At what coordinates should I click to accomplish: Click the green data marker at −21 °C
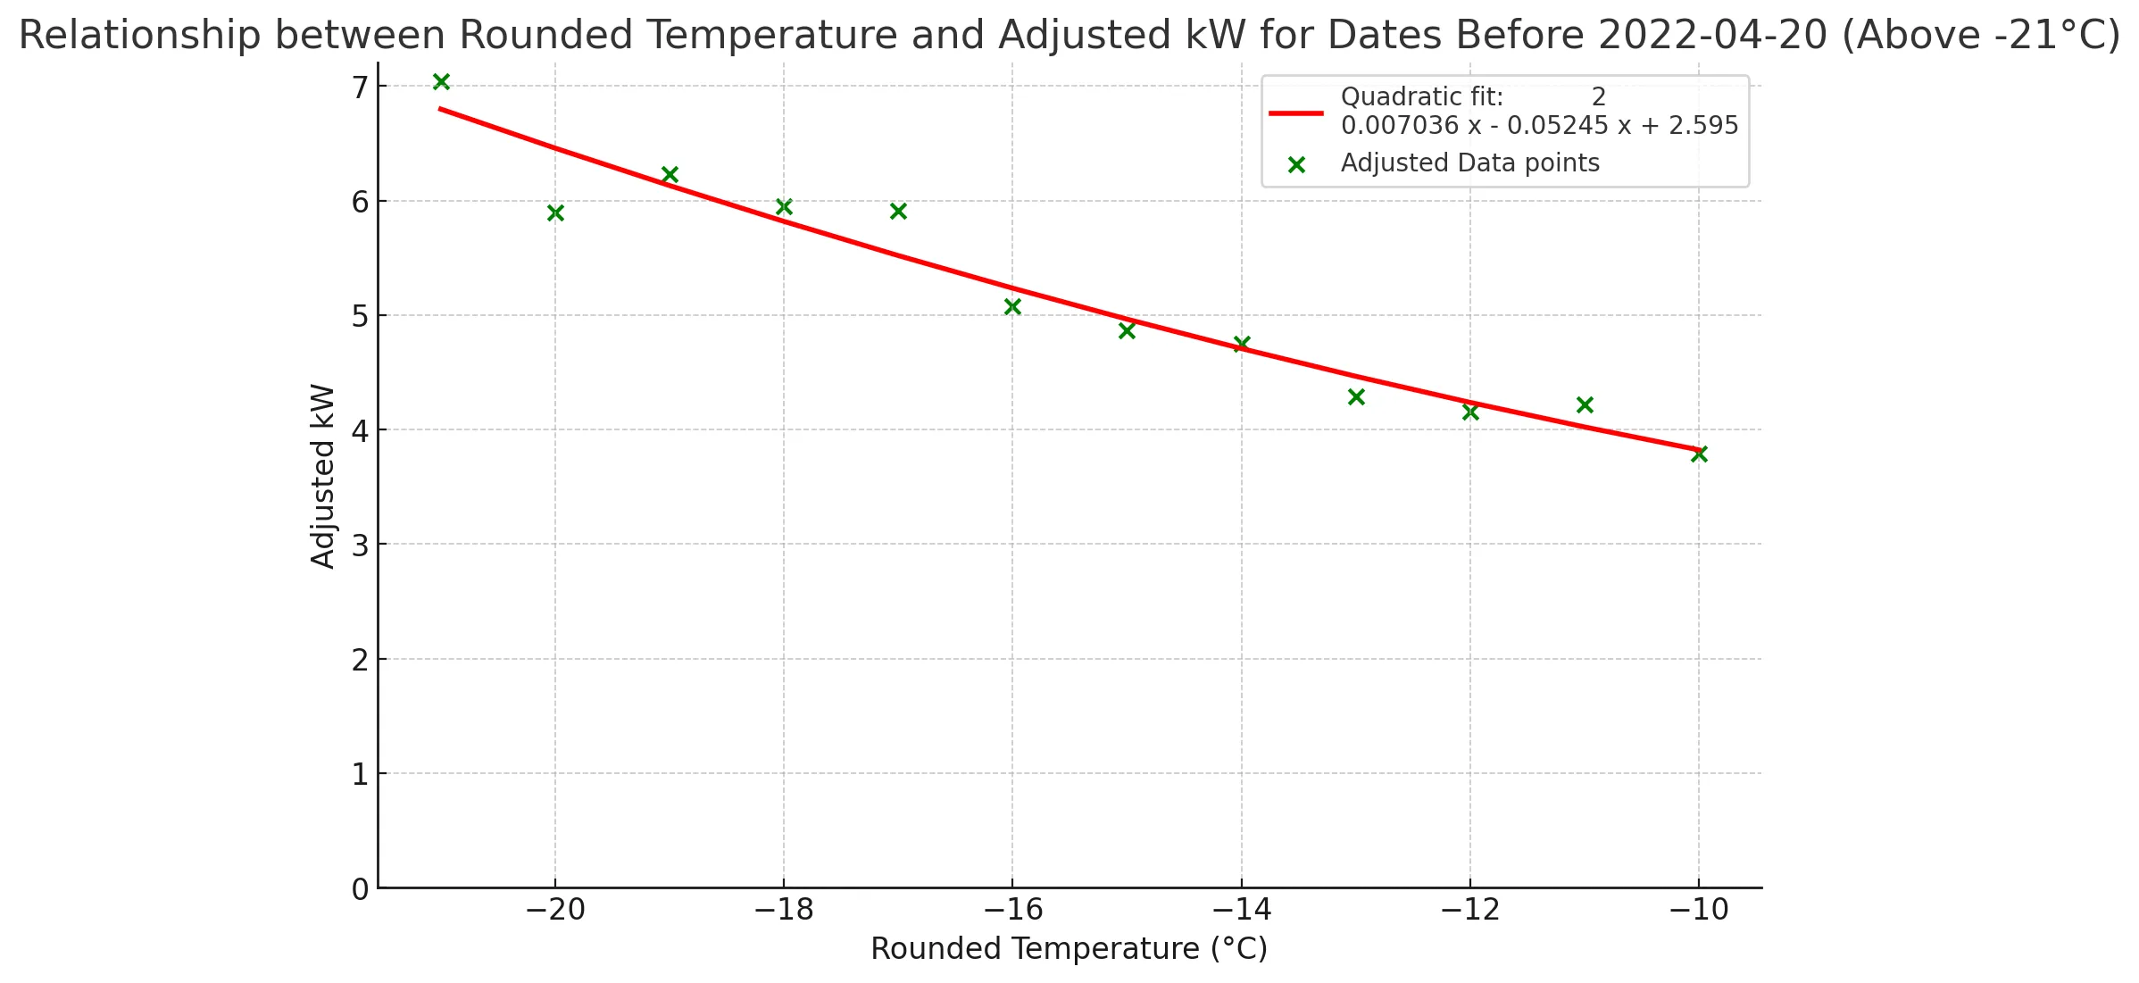pyautogui.click(x=441, y=82)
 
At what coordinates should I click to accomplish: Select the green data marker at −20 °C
pyautogui.click(x=555, y=212)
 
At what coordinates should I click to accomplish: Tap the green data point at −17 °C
pyautogui.click(x=898, y=211)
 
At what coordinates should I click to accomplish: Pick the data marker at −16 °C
pyautogui.click(x=1012, y=306)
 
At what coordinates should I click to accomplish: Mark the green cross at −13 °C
pyautogui.click(x=1356, y=396)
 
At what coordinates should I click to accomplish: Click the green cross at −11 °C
pyautogui.click(x=1585, y=404)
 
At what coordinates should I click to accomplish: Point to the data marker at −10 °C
pyautogui.click(x=1699, y=454)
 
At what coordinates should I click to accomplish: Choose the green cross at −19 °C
pyautogui.click(x=670, y=174)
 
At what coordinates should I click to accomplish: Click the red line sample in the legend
pyautogui.click(x=1296, y=112)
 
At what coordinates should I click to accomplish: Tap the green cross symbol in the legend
pyautogui.click(x=1296, y=164)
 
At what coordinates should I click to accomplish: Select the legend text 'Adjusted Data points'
pyautogui.click(x=1469, y=163)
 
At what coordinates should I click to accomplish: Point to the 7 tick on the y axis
pyautogui.click(x=360, y=87)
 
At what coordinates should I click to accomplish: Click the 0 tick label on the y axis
pyautogui.click(x=360, y=889)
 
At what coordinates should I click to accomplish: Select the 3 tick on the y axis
pyautogui.click(x=360, y=546)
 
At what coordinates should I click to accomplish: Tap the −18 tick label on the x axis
pyautogui.click(x=784, y=910)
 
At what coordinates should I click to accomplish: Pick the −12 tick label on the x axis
pyautogui.click(x=1469, y=910)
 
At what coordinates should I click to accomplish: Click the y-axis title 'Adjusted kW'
pyautogui.click(x=322, y=476)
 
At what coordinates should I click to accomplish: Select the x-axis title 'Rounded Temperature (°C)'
pyautogui.click(x=1069, y=949)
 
